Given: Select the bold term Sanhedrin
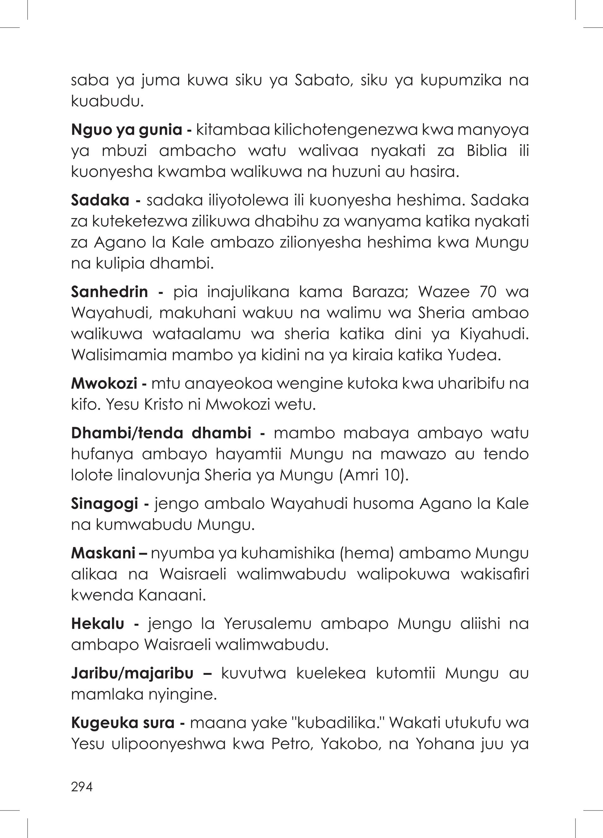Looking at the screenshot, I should tap(109, 292).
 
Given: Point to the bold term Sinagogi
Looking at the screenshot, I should tap(104, 504).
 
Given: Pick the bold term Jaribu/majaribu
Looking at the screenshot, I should tap(132, 673).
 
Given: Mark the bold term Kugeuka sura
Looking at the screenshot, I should tap(123, 722).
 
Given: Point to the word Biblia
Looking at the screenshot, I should tap(487, 151).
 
